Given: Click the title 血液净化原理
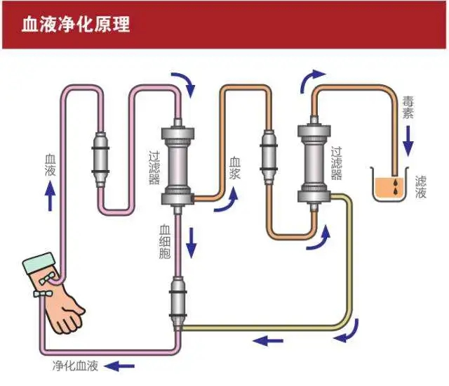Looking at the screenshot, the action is coord(76,24).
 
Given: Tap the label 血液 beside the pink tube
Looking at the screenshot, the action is coord(50,165).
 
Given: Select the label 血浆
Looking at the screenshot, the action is coord(235,168).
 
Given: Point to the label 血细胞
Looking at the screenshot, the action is coord(165,242).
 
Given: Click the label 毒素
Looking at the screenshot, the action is coord(408,107).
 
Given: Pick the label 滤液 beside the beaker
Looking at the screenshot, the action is coord(421,187).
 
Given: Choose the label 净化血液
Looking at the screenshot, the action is coord(75,366).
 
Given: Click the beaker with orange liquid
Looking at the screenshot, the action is coord(389,184).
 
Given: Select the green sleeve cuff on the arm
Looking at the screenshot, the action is coord(39,263).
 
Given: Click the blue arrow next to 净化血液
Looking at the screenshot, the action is coord(119,366).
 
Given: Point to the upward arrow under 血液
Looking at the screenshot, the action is coord(50,195).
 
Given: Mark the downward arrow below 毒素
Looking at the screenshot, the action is coord(408,141).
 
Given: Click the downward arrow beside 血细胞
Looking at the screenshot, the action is coord(192,243).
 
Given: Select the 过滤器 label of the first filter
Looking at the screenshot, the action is coord(154,167).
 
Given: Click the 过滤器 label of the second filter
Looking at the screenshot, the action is coord(337,163).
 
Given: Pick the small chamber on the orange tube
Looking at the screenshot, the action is coord(268,157).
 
